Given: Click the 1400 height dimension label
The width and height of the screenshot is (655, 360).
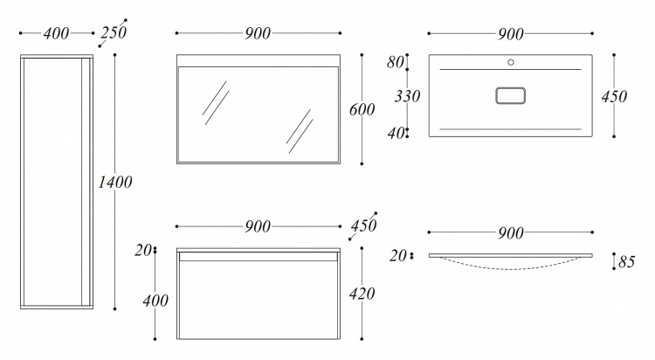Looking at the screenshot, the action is [x=115, y=182].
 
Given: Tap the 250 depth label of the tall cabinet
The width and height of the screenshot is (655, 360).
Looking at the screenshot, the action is [x=114, y=32].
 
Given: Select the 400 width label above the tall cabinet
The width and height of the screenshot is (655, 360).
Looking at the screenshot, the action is [x=56, y=33].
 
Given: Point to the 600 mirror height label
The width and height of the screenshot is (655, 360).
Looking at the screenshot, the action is [x=362, y=109].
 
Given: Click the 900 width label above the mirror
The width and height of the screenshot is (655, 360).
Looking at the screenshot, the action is [x=258, y=33].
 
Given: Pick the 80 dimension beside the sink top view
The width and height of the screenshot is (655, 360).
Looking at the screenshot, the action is [x=395, y=62].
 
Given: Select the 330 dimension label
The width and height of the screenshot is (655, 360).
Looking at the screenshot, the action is [x=407, y=96].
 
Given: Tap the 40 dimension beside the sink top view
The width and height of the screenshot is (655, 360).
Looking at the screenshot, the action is [x=396, y=134].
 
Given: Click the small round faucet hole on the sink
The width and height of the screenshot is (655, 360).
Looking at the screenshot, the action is [x=511, y=62].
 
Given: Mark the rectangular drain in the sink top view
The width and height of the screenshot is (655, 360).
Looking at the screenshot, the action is [x=511, y=95].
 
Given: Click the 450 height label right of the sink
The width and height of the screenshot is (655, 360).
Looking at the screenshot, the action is [x=614, y=97].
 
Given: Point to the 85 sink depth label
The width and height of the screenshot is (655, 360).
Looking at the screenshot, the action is [x=626, y=262].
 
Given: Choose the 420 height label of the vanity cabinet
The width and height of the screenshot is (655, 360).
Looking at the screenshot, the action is [x=362, y=294].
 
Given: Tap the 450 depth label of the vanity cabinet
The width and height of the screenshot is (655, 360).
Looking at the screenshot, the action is [x=363, y=225].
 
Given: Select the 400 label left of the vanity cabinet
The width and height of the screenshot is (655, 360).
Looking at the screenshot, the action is [x=155, y=301].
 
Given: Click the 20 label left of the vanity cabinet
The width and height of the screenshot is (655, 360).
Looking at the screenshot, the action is [x=143, y=251].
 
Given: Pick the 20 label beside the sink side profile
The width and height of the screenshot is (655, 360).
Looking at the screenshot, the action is [x=397, y=256].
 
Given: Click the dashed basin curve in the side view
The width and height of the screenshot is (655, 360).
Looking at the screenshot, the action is [x=511, y=268].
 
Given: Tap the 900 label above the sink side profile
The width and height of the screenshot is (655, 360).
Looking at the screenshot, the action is [x=511, y=233].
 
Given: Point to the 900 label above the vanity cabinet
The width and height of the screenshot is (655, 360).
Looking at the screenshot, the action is [x=258, y=226].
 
